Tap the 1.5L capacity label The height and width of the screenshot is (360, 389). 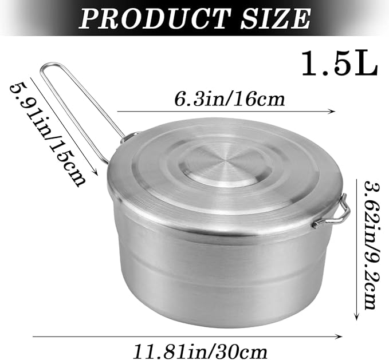[x=339, y=64]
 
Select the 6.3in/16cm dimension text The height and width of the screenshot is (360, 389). [x=229, y=99]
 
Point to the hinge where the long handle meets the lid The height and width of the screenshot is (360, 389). [x=129, y=137]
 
